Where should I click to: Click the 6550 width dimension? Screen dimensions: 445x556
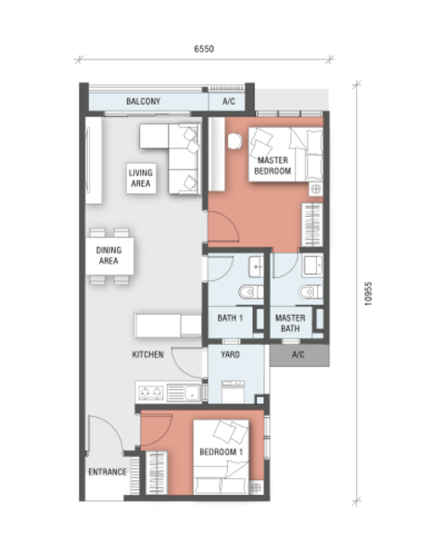tap(204, 48)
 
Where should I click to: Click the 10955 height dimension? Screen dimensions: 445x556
tap(368, 294)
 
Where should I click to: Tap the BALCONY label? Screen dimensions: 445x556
tap(144, 101)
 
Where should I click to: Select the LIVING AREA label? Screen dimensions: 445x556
tap(141, 178)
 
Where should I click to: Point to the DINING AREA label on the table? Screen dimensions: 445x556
tap(109, 256)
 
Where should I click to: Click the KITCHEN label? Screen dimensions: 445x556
tap(147, 354)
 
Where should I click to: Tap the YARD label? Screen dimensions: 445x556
tap(230, 354)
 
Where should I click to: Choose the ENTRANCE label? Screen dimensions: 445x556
tap(108, 472)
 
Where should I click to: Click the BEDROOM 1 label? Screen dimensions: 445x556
tap(221, 452)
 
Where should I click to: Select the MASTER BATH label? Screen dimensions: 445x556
tap(290, 323)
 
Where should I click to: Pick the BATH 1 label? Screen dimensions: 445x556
tap(230, 318)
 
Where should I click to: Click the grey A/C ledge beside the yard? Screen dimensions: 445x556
tap(299, 355)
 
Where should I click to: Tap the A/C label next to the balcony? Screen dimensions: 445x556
tap(229, 101)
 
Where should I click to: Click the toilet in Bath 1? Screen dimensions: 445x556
tap(250, 293)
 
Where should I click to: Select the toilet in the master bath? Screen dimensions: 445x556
tap(311, 292)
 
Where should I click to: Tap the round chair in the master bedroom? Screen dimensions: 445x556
tap(235, 141)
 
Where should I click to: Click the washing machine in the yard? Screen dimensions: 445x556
tap(233, 392)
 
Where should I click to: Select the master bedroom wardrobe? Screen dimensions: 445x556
tap(311, 224)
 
